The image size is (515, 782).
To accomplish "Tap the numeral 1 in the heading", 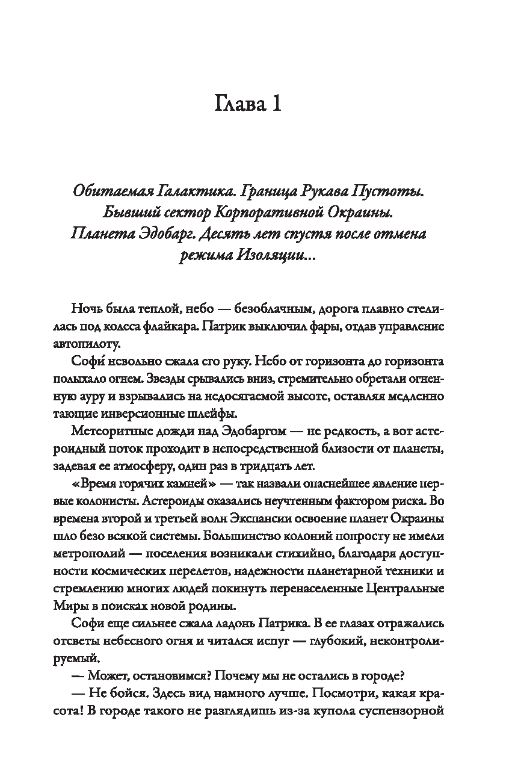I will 275,105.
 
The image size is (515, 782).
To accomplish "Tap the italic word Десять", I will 241,234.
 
